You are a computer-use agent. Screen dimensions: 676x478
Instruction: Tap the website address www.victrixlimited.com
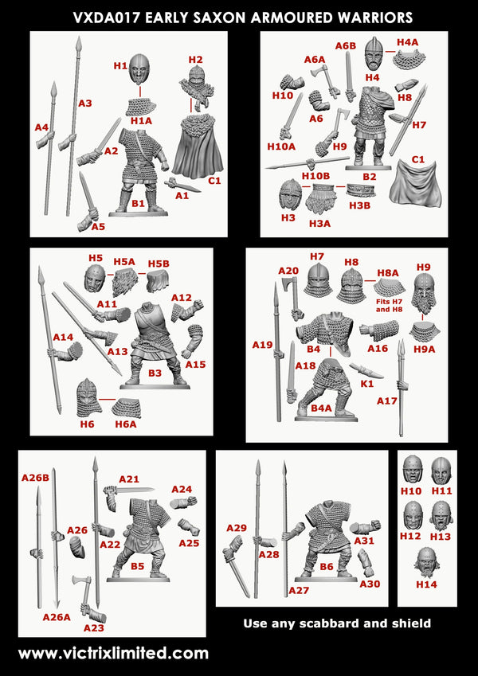113,653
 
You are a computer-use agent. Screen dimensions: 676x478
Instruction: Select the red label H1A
141,120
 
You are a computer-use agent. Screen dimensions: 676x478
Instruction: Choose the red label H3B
358,205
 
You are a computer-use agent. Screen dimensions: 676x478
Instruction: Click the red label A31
364,541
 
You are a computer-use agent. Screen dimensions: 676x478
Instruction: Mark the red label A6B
345,46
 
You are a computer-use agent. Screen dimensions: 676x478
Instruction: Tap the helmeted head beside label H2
196,82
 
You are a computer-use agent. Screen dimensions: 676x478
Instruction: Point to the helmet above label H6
88,397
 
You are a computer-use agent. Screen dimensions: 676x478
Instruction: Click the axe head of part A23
80,583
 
